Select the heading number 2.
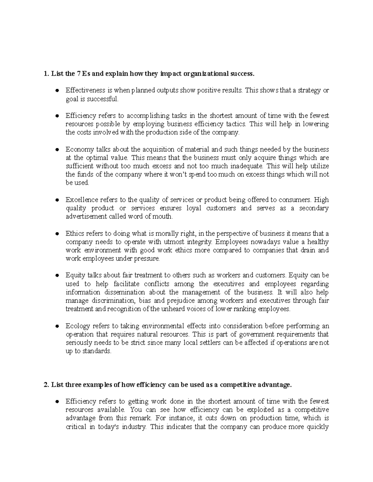[x=46, y=385]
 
